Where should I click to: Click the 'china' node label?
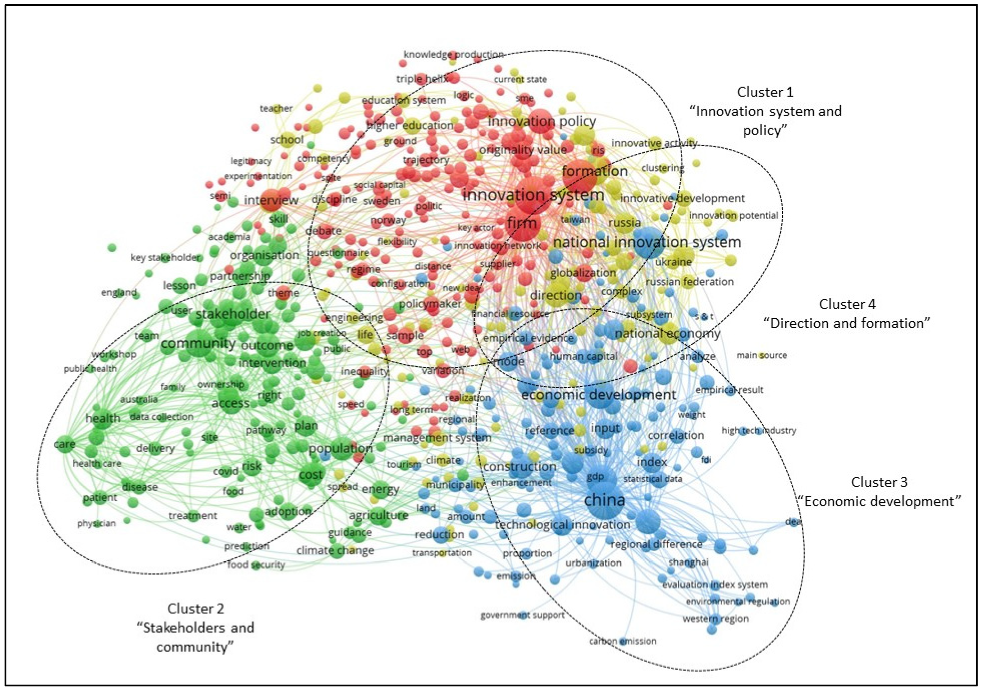(x=604, y=500)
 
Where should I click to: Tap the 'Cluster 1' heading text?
(x=765, y=92)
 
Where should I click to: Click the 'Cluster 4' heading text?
(x=847, y=304)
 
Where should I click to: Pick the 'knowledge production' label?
(x=453, y=54)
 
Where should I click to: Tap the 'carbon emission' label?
(x=622, y=641)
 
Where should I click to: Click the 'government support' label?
(x=522, y=615)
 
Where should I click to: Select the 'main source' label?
(x=761, y=355)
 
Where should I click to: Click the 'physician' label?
(x=97, y=523)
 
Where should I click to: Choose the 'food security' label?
(x=256, y=565)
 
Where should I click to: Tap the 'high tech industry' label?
(x=759, y=430)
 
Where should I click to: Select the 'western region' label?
(x=716, y=618)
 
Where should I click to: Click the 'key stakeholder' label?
(x=165, y=257)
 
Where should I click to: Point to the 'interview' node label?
(x=271, y=200)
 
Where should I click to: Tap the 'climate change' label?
(x=335, y=550)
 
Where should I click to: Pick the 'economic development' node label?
(x=598, y=395)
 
